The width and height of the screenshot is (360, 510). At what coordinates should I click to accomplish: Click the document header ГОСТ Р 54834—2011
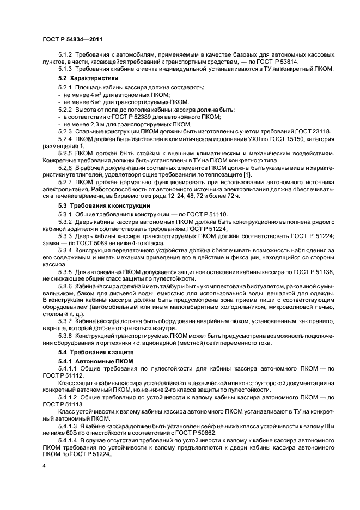click(72, 39)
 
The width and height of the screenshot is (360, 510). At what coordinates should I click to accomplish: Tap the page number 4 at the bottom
click(44, 466)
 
